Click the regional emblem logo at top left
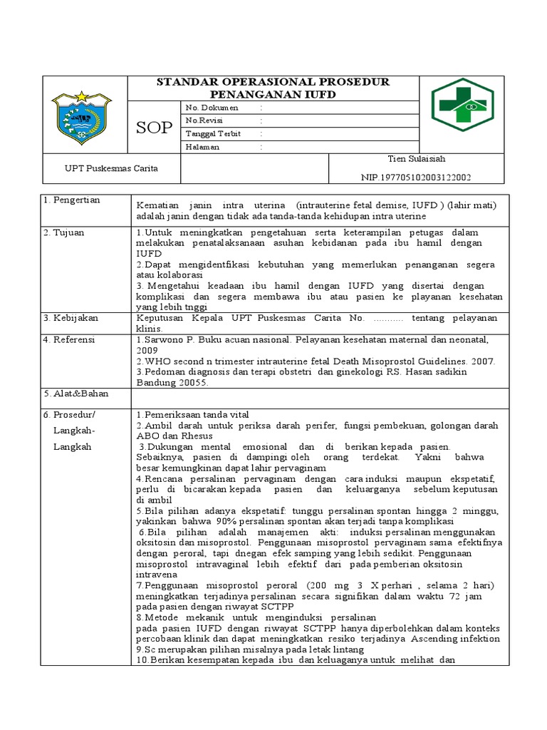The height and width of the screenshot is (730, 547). [x=83, y=114]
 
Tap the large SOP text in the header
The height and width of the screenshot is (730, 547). [x=154, y=127]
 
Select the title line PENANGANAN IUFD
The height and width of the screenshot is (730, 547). [x=273, y=94]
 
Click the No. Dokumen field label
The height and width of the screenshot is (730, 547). [x=212, y=108]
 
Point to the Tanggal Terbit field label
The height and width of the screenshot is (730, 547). [x=213, y=134]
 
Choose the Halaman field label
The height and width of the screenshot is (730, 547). [x=203, y=147]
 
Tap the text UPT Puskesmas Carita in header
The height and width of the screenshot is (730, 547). [x=111, y=168]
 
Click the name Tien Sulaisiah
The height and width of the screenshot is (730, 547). [x=417, y=158]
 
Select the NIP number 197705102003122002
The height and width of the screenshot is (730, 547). [x=417, y=178]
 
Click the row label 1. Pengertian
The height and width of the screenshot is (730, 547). [x=72, y=200]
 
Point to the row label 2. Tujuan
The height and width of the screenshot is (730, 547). [x=66, y=233]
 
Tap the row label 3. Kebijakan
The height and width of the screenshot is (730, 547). [x=71, y=317]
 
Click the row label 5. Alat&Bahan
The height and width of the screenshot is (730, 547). [x=73, y=393]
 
